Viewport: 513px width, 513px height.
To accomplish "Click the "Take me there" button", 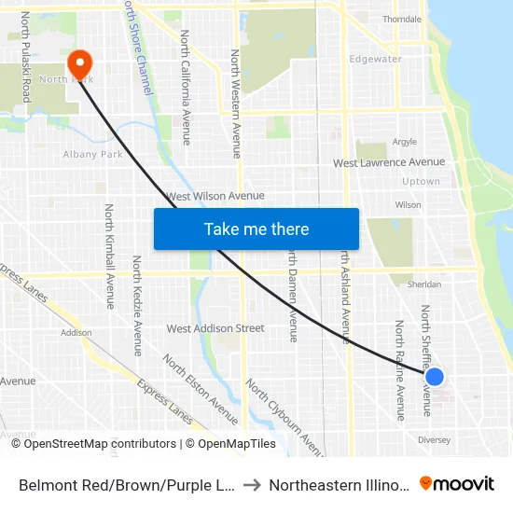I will (x=256, y=229).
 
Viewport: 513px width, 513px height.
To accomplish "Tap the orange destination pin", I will (x=80, y=63).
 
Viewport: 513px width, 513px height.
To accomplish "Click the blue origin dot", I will (x=434, y=377).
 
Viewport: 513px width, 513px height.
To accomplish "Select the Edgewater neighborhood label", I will (x=375, y=59).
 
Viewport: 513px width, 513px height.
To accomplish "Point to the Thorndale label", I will (x=402, y=19).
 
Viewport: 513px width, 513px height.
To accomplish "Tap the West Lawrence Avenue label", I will (x=389, y=162).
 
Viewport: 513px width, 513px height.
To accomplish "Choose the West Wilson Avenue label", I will (x=215, y=196).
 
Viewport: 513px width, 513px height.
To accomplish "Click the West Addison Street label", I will (x=215, y=328).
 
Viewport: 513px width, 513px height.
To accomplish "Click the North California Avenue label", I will (x=186, y=88).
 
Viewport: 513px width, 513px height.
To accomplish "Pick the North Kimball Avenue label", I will (x=109, y=256).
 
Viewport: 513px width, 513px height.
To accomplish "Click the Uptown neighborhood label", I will (x=420, y=182).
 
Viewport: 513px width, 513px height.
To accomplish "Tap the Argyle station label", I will (x=405, y=143).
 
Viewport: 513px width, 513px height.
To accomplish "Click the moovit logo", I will (x=457, y=483).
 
